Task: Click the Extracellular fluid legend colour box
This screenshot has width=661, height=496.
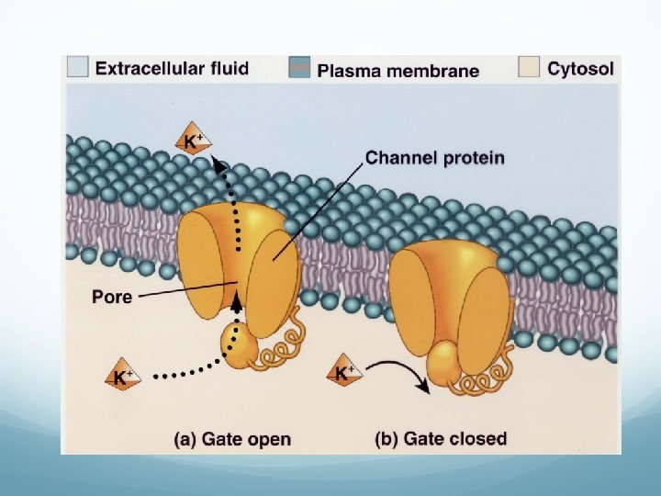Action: tap(78, 67)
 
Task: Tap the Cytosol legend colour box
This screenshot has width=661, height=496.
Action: tap(529, 67)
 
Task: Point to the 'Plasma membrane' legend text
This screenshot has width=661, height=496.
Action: tap(398, 70)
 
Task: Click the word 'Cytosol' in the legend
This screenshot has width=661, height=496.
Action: tap(583, 68)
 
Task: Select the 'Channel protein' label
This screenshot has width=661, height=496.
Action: tap(434, 158)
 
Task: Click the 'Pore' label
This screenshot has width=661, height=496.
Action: tap(112, 297)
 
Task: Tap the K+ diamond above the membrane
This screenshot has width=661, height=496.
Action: tap(194, 141)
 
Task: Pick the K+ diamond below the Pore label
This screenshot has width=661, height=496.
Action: tap(123, 376)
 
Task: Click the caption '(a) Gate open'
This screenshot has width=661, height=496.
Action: tap(232, 439)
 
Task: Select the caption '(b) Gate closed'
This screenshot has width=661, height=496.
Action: tap(441, 438)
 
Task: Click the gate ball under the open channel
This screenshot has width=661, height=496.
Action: tap(240, 348)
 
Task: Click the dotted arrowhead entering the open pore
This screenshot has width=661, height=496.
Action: tap(238, 298)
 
